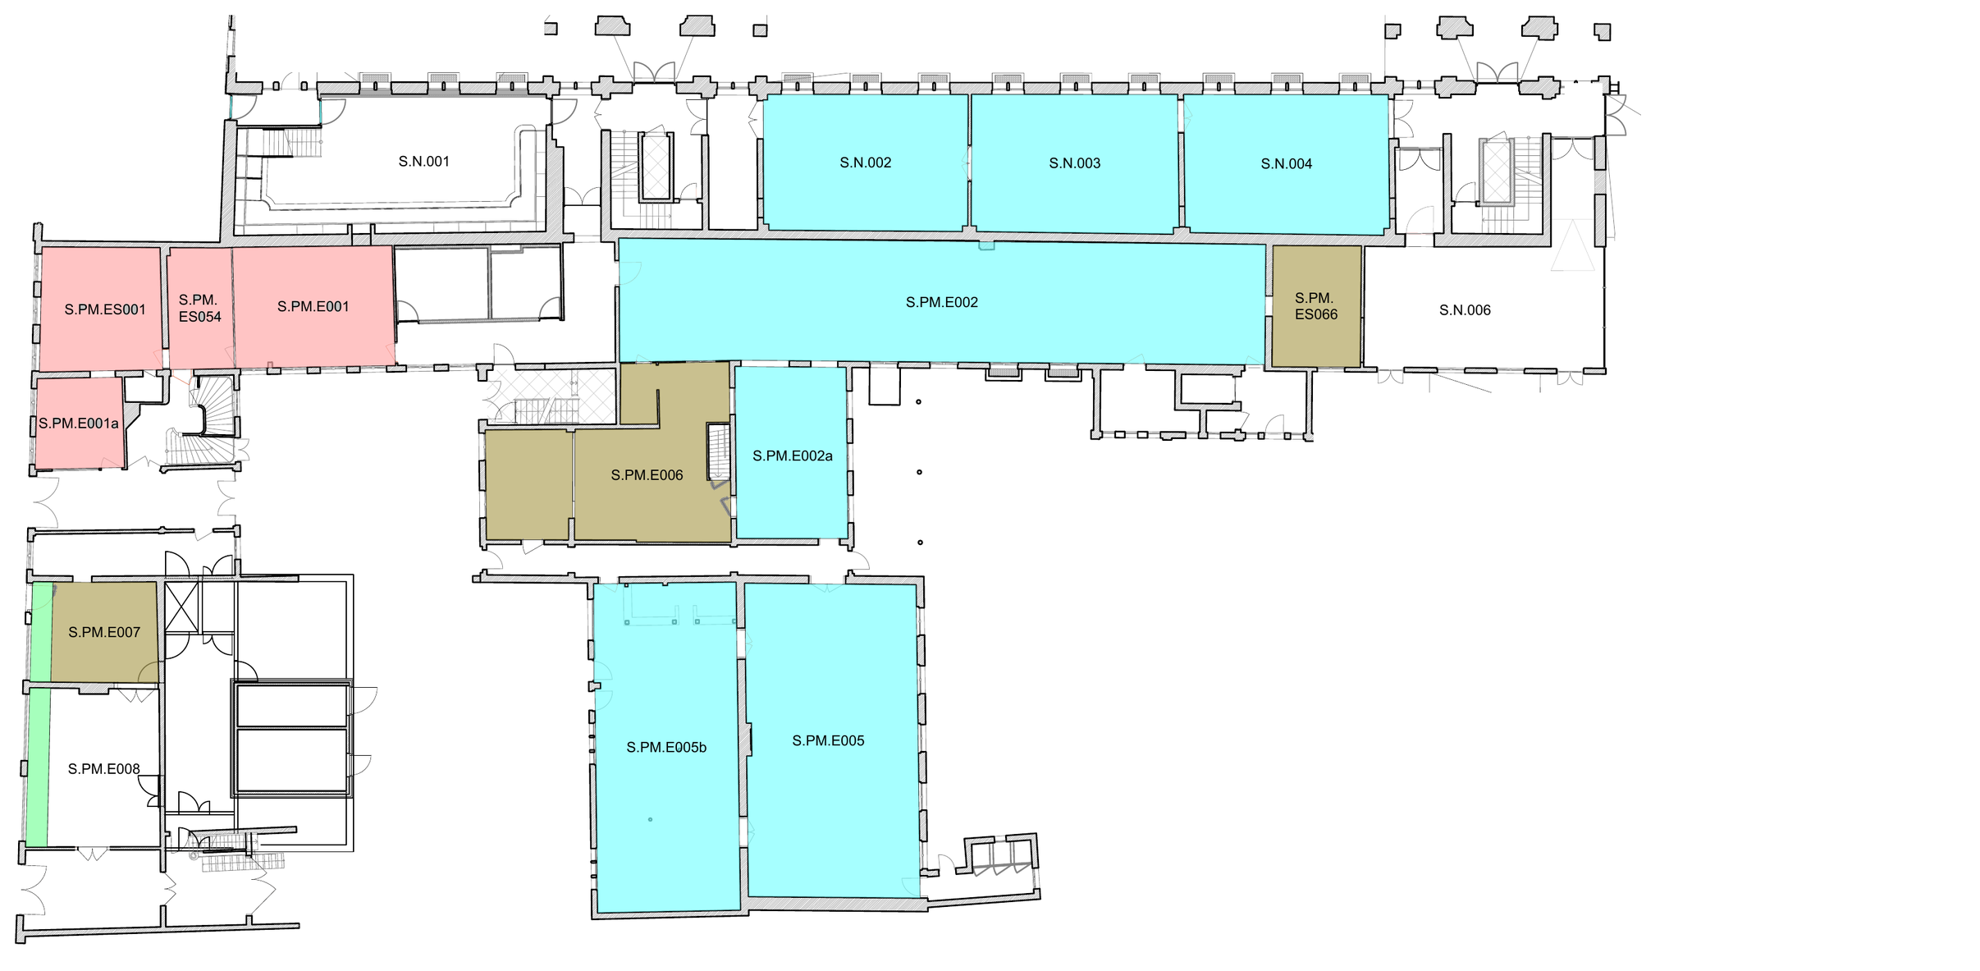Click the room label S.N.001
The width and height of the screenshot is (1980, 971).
[424, 162]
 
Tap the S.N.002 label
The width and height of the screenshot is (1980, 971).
[866, 163]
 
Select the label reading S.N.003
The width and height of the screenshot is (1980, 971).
[1075, 163]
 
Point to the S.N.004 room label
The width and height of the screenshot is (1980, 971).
[1287, 164]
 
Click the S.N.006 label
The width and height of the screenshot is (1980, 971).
[1466, 310]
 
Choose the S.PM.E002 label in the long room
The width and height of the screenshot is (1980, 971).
[942, 303]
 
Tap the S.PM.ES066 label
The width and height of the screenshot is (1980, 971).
[1316, 306]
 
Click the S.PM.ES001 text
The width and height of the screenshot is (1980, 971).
[105, 310]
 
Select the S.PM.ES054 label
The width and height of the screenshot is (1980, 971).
[200, 309]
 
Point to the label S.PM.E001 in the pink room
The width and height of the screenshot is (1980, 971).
[313, 307]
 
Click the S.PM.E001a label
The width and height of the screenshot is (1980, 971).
[79, 424]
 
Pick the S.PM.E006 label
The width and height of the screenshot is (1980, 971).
[647, 475]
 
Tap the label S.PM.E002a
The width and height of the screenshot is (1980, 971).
[793, 456]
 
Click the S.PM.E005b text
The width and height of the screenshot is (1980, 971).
[666, 748]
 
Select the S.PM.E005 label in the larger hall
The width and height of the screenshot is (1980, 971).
[829, 741]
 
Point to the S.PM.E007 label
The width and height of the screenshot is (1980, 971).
[104, 633]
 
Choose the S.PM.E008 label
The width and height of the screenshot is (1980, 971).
[104, 769]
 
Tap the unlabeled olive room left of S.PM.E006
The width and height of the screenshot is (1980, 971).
[528, 485]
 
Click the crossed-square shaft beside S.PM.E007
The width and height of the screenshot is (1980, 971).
[182, 607]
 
